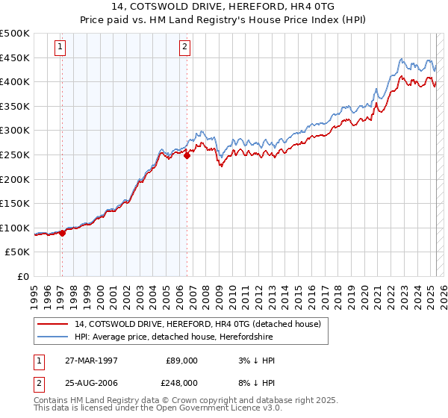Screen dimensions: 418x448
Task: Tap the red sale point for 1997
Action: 62,233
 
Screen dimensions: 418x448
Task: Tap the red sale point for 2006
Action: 187,155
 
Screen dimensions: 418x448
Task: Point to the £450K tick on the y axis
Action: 15,57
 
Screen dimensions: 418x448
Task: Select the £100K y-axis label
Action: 15,228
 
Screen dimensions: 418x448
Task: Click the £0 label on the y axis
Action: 23,276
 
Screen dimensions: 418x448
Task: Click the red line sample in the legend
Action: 52,324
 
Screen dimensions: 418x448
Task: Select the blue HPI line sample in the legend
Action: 52,337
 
